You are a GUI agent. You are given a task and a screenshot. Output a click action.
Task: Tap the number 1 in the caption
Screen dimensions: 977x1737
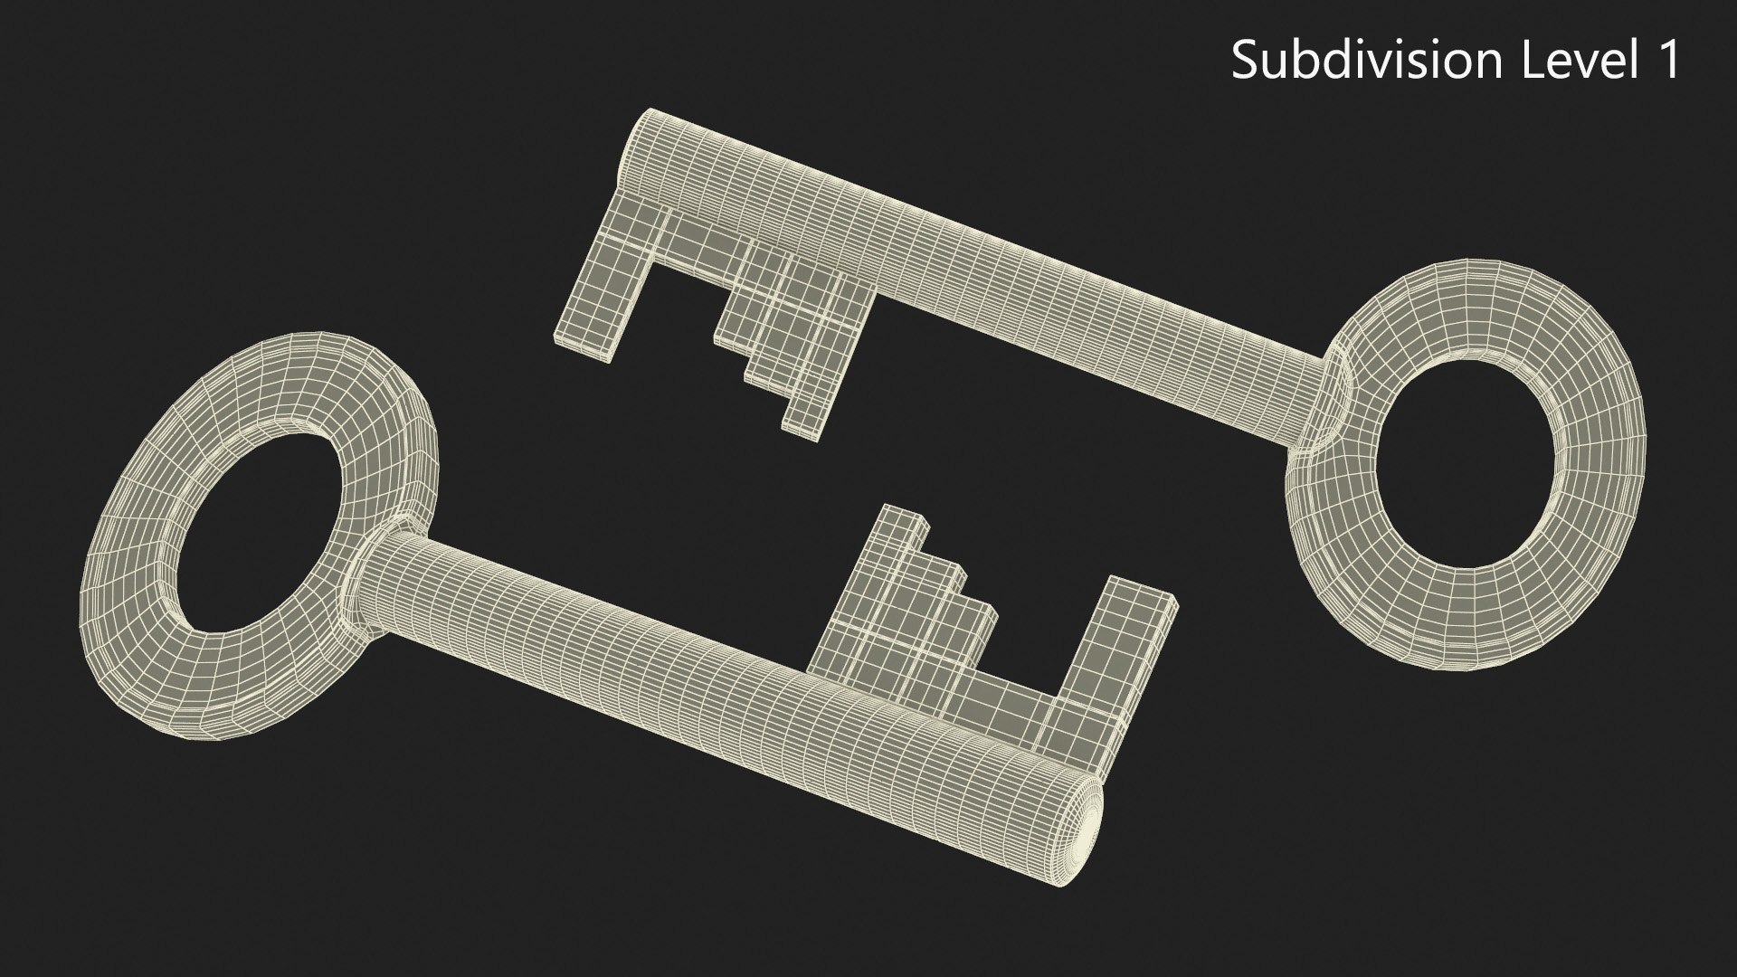pyautogui.click(x=1667, y=61)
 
